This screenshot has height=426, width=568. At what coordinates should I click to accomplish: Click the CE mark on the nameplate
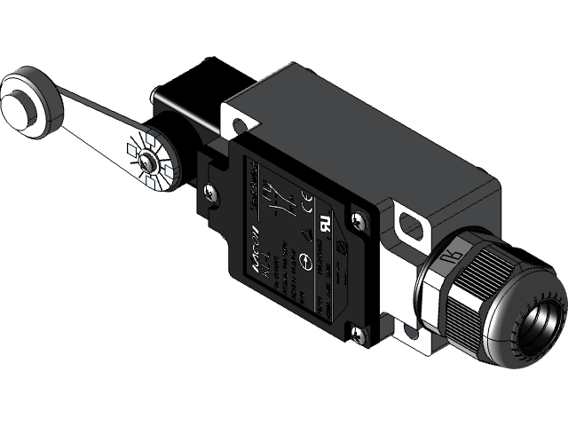(x=307, y=196)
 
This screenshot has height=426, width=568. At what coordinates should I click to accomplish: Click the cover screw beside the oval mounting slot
(x=358, y=219)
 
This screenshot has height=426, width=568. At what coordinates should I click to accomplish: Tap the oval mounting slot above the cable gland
(x=411, y=225)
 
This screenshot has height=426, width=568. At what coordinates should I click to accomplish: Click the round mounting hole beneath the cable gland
(x=410, y=333)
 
